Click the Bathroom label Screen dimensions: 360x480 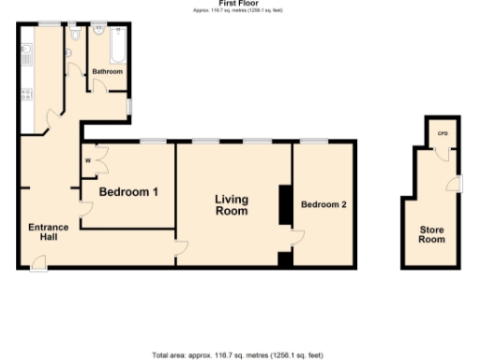pos(107,71)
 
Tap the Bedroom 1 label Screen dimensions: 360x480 pos(128,192)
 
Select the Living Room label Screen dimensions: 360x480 pos(231,204)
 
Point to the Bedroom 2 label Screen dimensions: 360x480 pos(324,202)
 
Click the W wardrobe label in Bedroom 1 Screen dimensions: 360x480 pos(89,160)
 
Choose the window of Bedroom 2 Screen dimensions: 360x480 pos(314,141)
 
